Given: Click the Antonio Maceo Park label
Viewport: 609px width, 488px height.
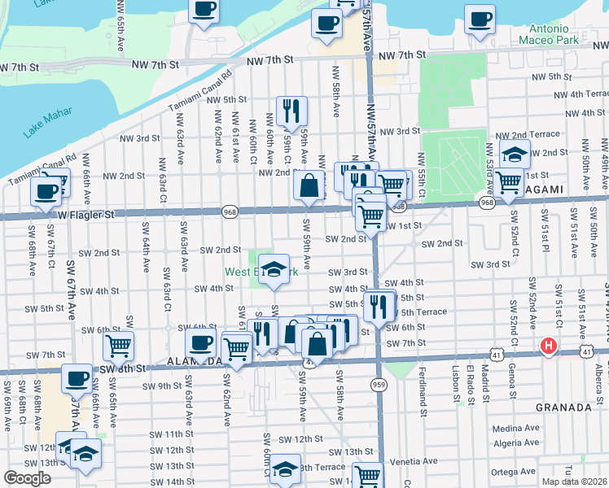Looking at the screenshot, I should (559, 33).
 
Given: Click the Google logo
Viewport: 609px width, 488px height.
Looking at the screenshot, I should (27, 478).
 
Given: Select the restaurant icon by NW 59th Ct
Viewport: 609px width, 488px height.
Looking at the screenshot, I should (291, 111).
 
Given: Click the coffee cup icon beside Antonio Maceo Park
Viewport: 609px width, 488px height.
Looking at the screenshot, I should (479, 17).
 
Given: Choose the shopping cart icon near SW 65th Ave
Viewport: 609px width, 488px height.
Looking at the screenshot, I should (118, 346).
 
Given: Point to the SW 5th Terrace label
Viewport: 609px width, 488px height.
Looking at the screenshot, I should (423, 312).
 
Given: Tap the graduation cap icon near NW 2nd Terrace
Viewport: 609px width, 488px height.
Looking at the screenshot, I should (515, 152).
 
